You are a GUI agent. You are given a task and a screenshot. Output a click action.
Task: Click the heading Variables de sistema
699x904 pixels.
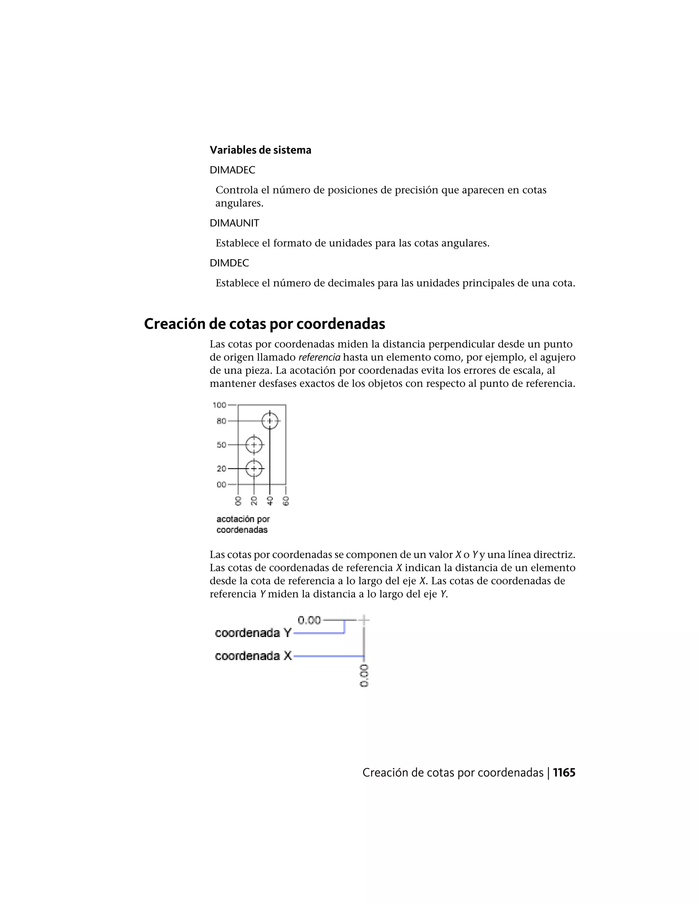point(260,150)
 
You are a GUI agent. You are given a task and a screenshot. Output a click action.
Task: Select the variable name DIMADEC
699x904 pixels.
point(232,170)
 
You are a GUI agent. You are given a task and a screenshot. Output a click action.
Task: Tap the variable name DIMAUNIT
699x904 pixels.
point(234,223)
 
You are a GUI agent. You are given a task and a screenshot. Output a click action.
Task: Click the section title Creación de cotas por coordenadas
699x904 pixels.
point(264,324)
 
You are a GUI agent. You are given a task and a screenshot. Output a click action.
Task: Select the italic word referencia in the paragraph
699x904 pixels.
point(319,357)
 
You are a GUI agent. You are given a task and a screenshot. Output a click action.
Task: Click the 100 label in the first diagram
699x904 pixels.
point(219,405)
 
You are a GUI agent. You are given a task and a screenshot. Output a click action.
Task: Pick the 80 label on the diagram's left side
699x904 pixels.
point(221,421)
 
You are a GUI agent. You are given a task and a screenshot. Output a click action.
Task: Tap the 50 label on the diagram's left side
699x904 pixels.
point(221,445)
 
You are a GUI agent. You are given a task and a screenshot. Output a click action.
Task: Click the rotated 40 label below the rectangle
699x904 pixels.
point(270,501)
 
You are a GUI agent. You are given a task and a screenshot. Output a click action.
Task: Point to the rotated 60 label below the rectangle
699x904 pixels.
point(286,501)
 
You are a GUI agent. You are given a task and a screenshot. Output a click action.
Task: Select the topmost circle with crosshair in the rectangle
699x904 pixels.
point(270,421)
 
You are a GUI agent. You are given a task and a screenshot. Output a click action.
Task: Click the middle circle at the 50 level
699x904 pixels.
point(254,445)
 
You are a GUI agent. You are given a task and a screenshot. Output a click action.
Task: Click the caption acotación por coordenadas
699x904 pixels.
point(243,524)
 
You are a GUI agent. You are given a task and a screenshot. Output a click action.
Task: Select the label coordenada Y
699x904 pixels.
point(253,633)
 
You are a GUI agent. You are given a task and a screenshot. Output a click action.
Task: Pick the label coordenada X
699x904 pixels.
point(253,656)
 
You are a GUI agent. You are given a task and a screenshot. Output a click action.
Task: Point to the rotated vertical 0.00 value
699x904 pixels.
point(364,676)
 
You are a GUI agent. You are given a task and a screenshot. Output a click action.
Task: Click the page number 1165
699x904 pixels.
point(564,773)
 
